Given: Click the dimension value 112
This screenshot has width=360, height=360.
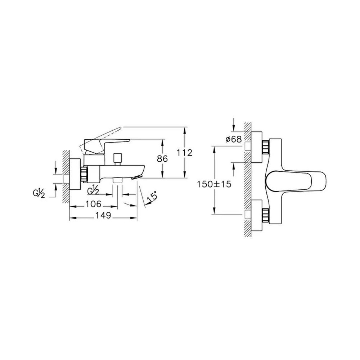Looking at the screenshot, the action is (184, 153).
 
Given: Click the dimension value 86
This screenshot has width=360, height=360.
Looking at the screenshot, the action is (162, 159).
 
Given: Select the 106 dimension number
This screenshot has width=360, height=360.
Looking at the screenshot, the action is (94, 204).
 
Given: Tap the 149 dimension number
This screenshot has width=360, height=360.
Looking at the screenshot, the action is (103, 215).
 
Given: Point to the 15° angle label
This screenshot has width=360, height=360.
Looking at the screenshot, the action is (152, 197).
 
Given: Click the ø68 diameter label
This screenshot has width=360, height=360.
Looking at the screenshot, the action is (234, 139).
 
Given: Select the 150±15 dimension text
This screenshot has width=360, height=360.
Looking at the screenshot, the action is (214, 184).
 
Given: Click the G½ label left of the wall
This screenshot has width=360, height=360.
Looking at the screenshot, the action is (39, 194).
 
